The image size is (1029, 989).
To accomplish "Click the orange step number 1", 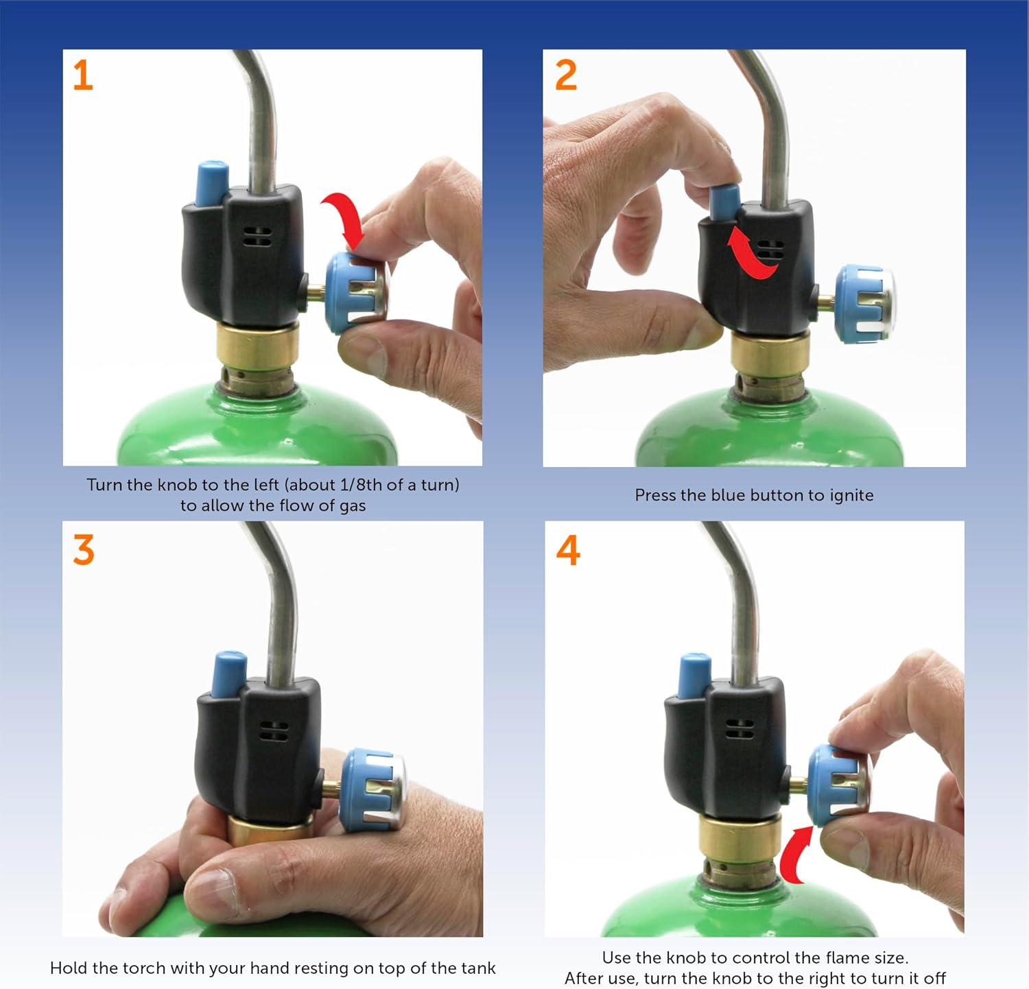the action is tap(82, 75).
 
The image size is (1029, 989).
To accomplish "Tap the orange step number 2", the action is tap(566, 75).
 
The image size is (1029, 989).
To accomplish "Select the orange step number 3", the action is tap(84, 551).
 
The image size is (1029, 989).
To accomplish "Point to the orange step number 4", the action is tap(568, 551).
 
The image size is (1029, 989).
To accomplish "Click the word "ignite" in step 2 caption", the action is tap(851, 495).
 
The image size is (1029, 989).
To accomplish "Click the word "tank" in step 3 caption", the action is tap(478, 968).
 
